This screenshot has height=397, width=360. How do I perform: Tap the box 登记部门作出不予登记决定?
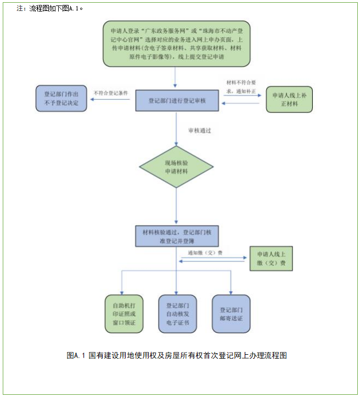tap(61, 99)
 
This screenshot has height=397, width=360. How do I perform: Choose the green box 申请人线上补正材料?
tap(289, 100)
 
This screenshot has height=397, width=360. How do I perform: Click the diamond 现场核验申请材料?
tap(176, 167)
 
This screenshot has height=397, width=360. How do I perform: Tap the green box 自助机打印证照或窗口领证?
tap(124, 314)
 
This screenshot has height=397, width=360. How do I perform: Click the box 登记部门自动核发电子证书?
tap(177, 314)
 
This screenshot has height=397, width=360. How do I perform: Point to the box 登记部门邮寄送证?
tap(231, 313)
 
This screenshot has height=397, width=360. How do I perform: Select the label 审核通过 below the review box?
tap(199, 131)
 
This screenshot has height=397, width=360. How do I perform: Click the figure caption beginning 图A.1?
tap(176, 355)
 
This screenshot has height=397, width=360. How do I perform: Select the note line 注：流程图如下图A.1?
tap(49, 9)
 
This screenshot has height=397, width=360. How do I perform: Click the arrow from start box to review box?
tap(175, 77)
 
